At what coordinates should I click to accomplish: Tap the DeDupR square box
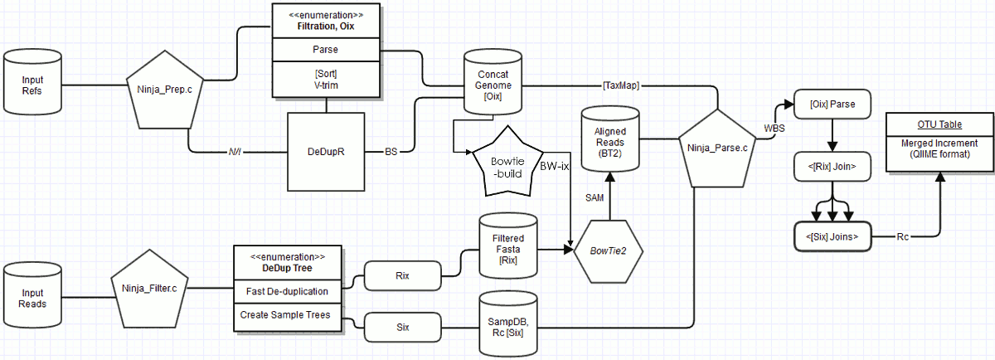pyautogui.click(x=325, y=153)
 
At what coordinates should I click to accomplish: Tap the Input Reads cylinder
pyautogui.click(x=34, y=297)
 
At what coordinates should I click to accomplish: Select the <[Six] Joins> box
pyautogui.click(x=832, y=237)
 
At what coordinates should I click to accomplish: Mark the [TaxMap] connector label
pyautogui.click(x=620, y=85)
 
